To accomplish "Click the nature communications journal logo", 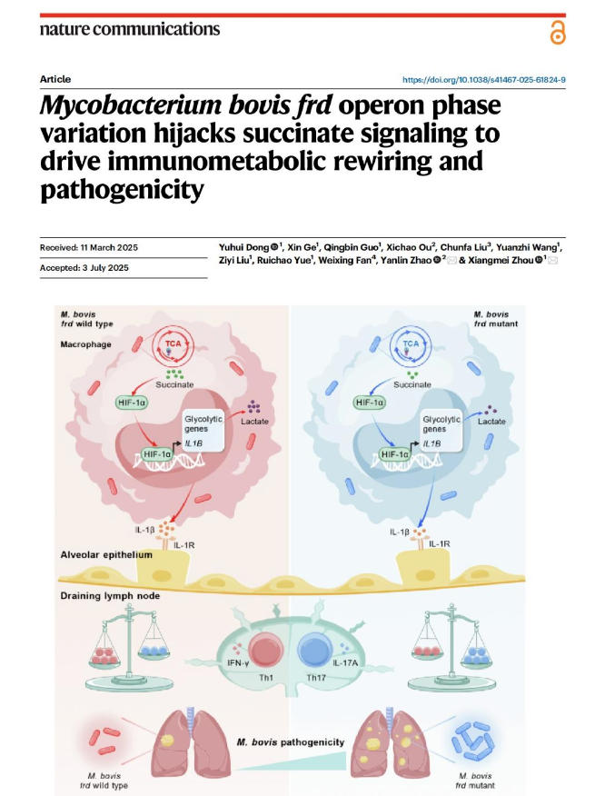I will [130, 28].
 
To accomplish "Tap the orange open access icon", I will [556, 32].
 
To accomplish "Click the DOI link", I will [483, 80].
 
